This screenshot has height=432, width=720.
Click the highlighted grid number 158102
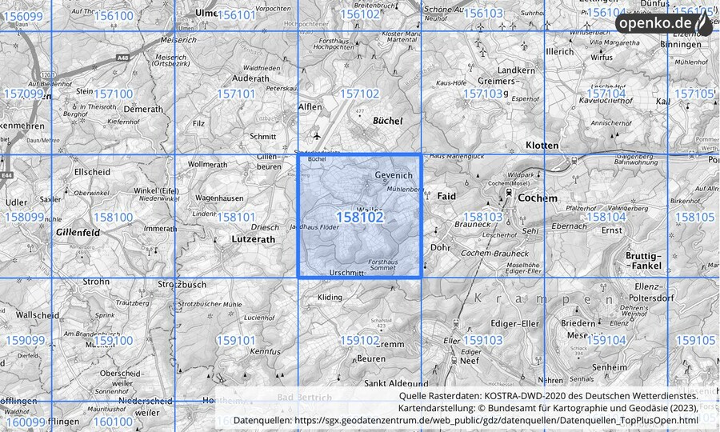pos(360,217)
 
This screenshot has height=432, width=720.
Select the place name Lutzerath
pos(252,238)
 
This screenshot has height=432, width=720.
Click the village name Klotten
pos(542,146)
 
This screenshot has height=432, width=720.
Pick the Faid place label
pos(446,195)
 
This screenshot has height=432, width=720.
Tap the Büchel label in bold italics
pos(388,120)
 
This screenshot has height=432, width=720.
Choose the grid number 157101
pos(236,94)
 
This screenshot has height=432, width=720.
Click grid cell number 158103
pos(482,217)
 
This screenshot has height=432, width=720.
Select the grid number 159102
pos(359,340)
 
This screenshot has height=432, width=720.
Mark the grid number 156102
pos(359,14)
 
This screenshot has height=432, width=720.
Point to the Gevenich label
pos(393,175)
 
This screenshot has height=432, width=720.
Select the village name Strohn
pos(96,282)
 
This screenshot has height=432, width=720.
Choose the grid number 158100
pos(113,217)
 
